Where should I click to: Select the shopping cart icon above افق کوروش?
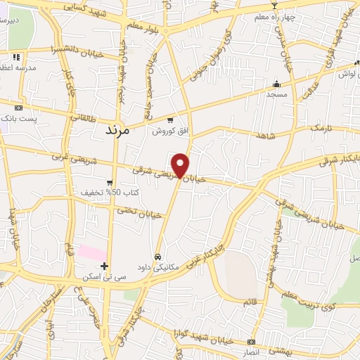click(171, 121)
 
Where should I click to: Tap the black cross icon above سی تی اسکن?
click(104, 266)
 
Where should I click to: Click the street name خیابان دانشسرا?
click(53, 51)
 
